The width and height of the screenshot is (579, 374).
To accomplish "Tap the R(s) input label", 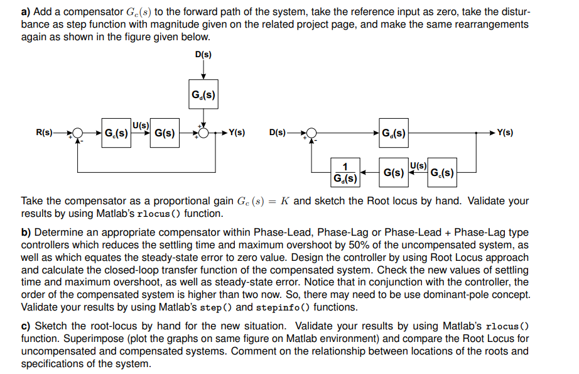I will (x=45, y=133).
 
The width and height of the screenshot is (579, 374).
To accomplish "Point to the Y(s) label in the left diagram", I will (x=237, y=133).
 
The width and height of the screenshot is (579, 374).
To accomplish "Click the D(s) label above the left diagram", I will (x=203, y=55).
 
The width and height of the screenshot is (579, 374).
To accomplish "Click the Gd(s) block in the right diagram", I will (x=394, y=133).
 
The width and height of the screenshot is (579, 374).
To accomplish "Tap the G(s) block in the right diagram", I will (x=394, y=172).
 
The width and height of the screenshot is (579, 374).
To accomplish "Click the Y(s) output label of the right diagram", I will (x=504, y=133).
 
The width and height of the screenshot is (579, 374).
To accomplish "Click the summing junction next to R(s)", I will (x=78, y=133).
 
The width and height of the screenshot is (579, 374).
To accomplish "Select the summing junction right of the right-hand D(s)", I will (x=312, y=133).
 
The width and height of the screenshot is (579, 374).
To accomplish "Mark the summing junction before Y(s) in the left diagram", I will (x=203, y=133).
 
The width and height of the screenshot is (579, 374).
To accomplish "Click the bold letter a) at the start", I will (x=26, y=12).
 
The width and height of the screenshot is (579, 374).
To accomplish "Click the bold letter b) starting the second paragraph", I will (x=26, y=233).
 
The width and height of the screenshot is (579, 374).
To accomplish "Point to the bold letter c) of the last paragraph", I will (x=26, y=326).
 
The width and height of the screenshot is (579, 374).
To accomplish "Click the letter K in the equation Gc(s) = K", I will (x=285, y=201).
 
